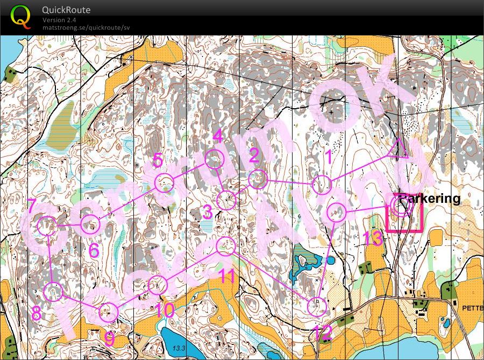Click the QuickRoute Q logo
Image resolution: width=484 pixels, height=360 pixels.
tap(20, 17)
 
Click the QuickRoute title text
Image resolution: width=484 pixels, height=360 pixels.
tap(66, 10)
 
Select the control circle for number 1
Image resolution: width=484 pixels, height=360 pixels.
tap(323, 185)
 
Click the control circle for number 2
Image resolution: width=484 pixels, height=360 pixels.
tap(258, 179)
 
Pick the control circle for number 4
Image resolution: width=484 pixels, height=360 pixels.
tap(215, 159)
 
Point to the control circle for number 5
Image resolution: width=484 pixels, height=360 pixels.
tap(164, 183)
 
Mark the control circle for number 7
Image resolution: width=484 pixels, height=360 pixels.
tap(47, 226)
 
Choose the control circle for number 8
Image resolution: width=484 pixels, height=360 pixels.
tap(54, 292)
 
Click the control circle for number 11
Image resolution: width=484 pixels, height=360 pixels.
tap(226, 246)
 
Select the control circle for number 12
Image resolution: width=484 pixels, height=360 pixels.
tap(317, 306)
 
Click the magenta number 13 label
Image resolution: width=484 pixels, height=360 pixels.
tap(373, 238)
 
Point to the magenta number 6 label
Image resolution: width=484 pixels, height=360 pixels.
tap(94, 250)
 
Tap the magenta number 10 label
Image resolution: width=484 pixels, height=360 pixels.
tap(165, 309)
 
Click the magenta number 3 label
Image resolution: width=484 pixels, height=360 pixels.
tap(208, 211)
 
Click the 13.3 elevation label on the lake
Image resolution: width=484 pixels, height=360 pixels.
tap(179, 349)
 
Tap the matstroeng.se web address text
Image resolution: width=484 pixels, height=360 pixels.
tap(86, 27)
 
